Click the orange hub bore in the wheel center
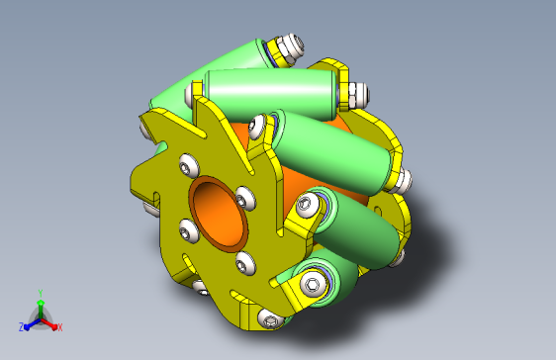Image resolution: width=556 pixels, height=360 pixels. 218,214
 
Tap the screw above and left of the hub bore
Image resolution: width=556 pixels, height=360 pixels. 189,165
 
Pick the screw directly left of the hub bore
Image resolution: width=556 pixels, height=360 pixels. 188,231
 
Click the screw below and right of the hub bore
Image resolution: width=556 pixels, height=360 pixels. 244,263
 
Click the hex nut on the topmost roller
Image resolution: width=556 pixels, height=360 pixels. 289,48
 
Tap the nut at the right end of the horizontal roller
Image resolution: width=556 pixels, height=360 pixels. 357,96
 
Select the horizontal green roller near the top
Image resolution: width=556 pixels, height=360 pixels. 270,94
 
